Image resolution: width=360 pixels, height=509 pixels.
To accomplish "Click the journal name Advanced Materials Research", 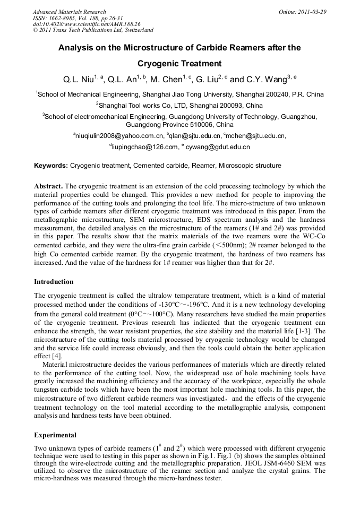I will click(69, 12).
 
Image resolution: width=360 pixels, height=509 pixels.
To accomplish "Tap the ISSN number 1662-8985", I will click(64, 18).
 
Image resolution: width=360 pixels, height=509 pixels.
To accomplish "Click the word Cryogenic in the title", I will click(167, 63).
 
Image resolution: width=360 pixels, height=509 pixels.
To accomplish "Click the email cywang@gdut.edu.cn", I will click(218, 146).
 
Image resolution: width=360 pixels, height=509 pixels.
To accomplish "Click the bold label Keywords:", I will click(51, 166).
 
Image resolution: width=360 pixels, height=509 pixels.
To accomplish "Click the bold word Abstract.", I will click(48, 186).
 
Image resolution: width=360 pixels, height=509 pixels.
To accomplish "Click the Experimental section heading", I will click(55, 435).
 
